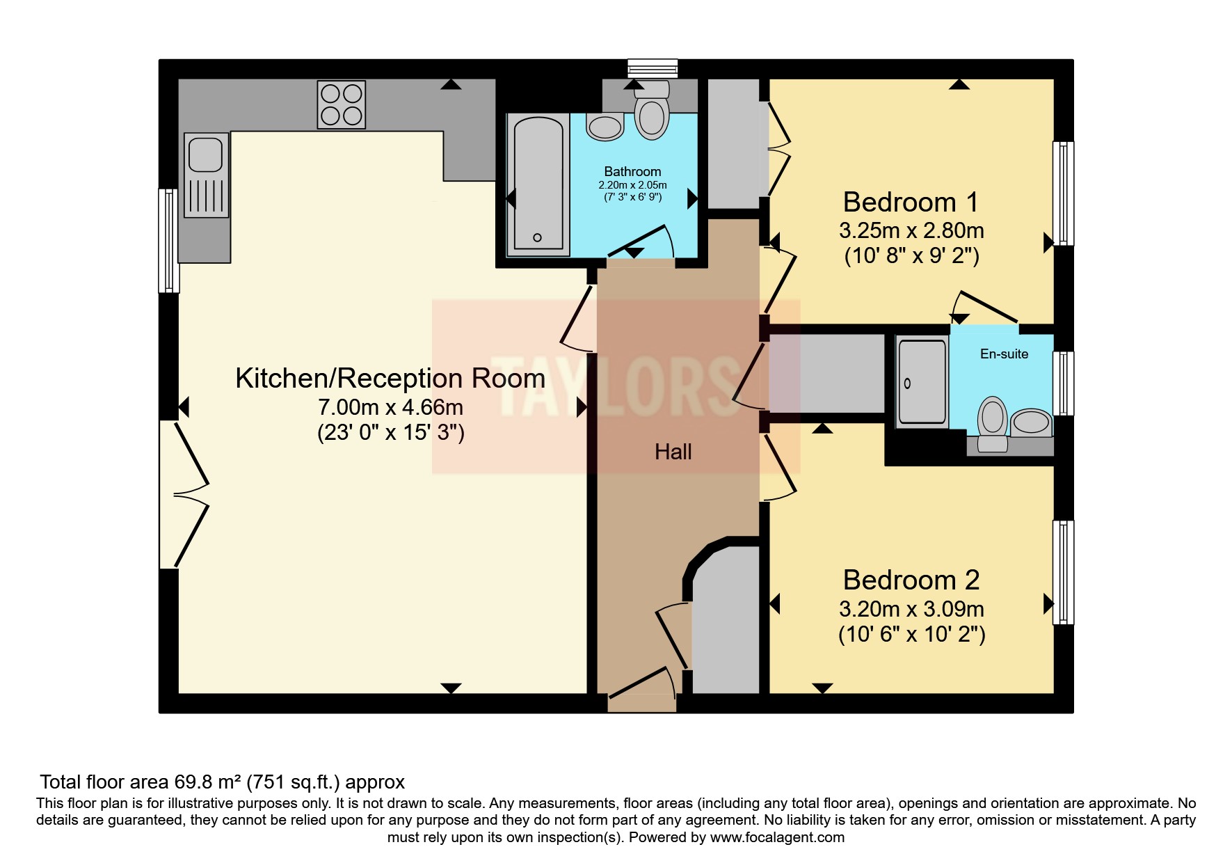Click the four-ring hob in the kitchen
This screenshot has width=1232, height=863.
pyautogui.click(x=341, y=104)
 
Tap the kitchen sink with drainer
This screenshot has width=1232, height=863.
pyautogui.click(x=207, y=175)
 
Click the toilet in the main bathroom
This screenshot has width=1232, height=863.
pyautogui.click(x=651, y=112)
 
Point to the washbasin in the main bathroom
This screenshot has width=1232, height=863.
pyautogui.click(x=605, y=127)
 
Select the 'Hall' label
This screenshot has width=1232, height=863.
pyautogui.click(x=673, y=452)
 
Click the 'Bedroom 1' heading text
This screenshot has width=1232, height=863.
pyautogui.click(x=911, y=203)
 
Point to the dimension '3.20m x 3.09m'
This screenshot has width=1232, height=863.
pyautogui.click(x=911, y=609)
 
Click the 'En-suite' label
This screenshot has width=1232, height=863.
pyautogui.click(x=1004, y=354)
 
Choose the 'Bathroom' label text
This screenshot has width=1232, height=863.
pyautogui.click(x=632, y=171)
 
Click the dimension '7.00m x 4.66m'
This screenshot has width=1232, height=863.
pyautogui.click(x=390, y=406)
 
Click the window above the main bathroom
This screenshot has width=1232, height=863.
pyautogui.click(x=652, y=68)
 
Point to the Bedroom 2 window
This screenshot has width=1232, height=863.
pyautogui.click(x=1062, y=572)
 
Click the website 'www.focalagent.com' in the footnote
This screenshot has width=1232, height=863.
pyautogui.click(x=777, y=837)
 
